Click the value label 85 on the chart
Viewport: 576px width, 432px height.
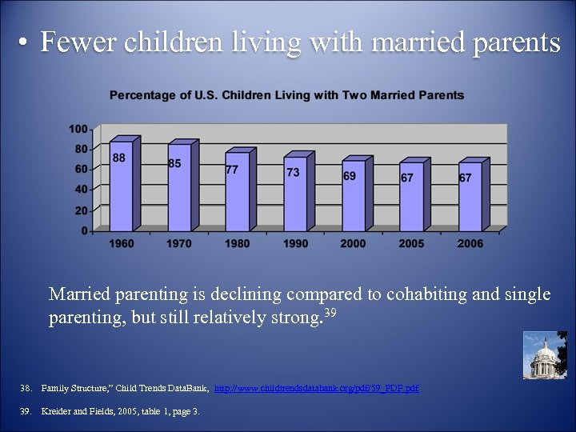coord(175,163)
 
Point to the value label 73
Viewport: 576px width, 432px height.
coord(293,173)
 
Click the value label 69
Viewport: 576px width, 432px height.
coord(350,175)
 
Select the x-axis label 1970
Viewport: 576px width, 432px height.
coord(179,243)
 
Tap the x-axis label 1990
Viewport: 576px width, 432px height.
coord(295,243)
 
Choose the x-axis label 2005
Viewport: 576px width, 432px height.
coord(411,243)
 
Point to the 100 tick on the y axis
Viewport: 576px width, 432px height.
coord(78,129)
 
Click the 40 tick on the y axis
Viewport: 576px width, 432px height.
coord(81,190)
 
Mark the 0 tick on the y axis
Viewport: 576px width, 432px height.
coord(84,230)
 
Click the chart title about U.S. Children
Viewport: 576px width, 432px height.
coord(286,95)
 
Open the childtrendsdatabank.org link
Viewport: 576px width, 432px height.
coord(317,388)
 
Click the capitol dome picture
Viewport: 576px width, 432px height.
coord(544,355)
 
